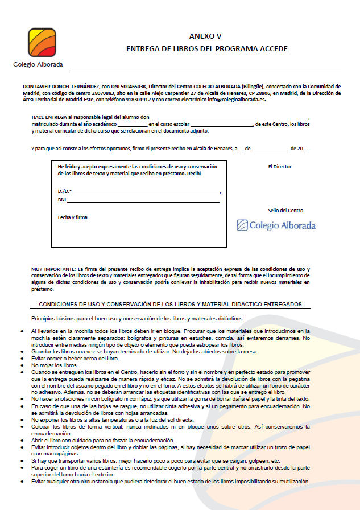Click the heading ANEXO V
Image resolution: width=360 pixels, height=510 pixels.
point(206,36)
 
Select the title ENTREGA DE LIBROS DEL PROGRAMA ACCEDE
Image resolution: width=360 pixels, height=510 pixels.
point(206,49)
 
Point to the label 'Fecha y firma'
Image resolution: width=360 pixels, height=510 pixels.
point(73,217)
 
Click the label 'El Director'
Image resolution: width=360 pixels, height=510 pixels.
point(280,167)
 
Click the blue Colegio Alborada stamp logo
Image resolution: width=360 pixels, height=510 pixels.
point(276,225)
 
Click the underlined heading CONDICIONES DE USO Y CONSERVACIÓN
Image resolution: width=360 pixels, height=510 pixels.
point(170,304)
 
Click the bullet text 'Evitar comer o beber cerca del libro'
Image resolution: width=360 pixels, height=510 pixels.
point(71,359)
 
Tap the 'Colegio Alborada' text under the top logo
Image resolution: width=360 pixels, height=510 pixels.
point(38,64)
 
